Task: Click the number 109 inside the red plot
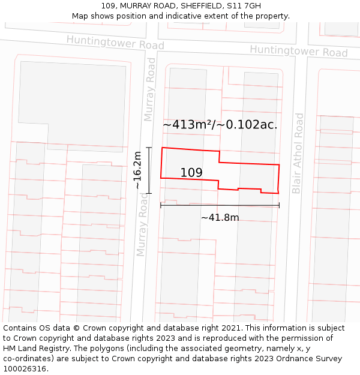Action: click(191, 173)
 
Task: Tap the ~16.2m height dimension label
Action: click(138, 170)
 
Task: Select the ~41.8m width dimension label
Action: click(220, 217)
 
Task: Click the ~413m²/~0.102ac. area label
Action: click(220, 125)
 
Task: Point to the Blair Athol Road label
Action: click(298, 153)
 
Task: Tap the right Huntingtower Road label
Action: click(298, 51)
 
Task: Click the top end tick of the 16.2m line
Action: click(149, 148)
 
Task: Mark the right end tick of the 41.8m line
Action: click(279, 206)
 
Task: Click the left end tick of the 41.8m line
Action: click(161, 206)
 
